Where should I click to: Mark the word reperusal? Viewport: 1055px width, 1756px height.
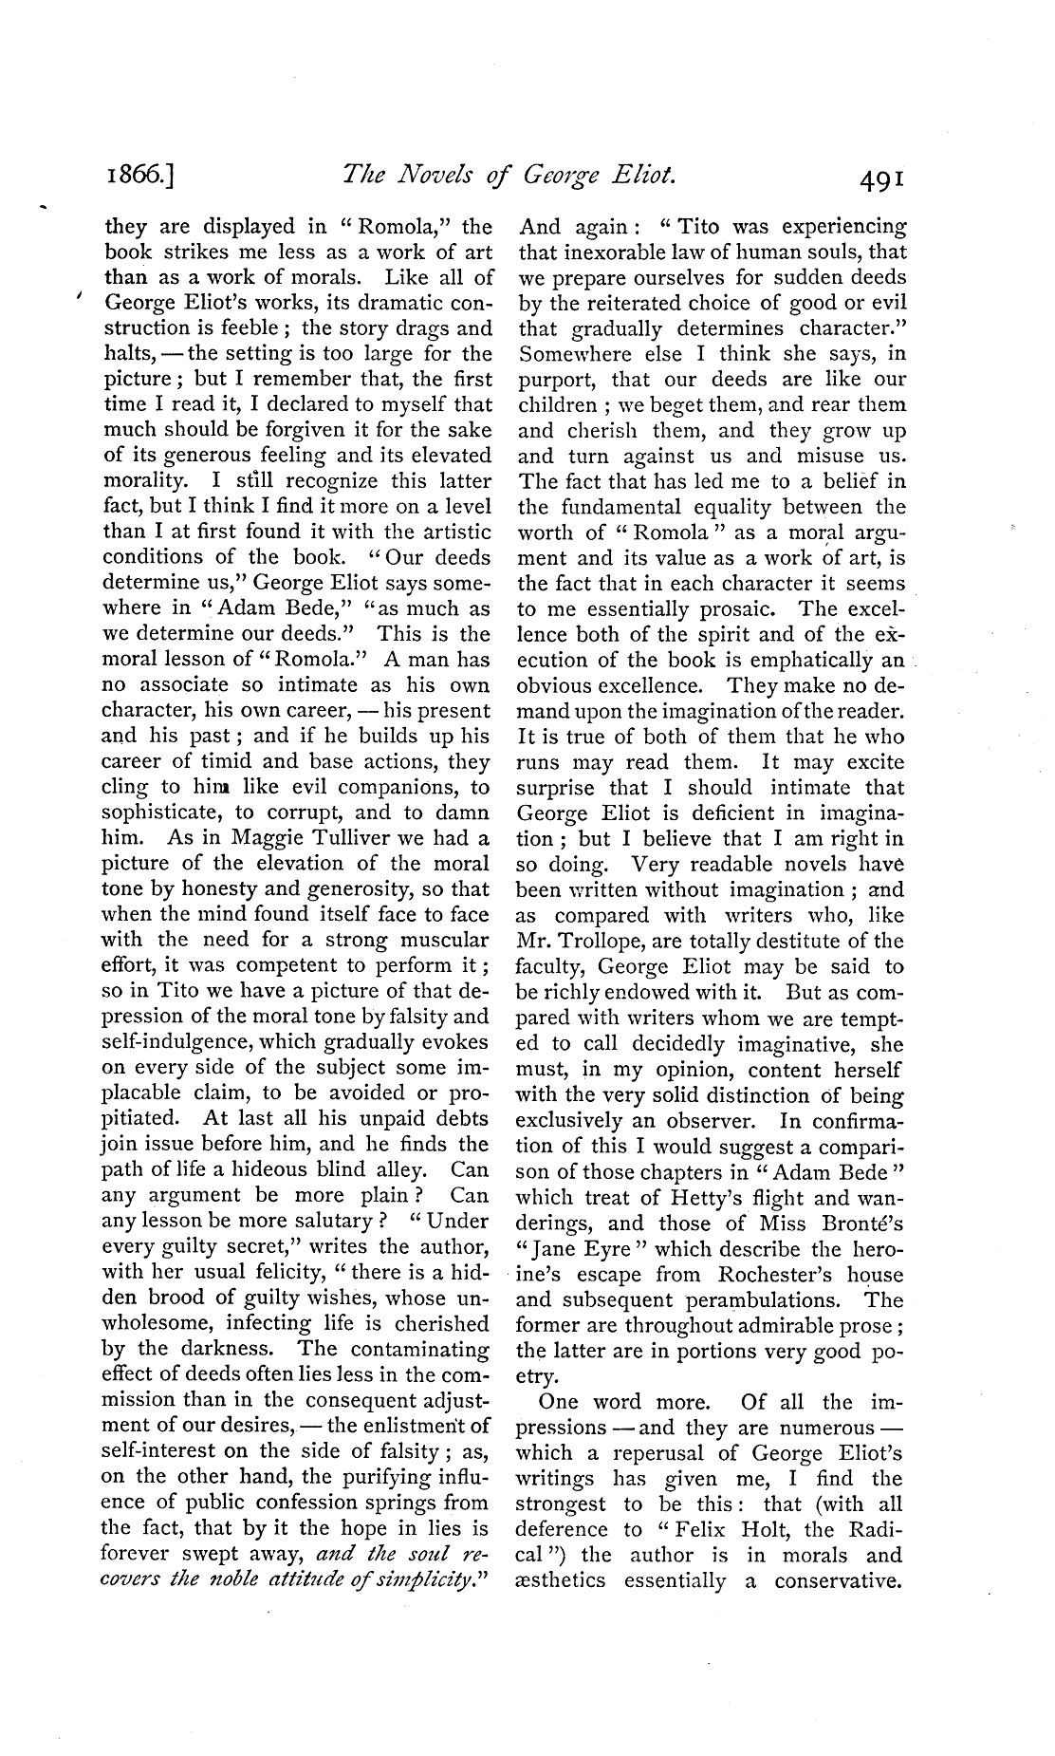coord(681,1453)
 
